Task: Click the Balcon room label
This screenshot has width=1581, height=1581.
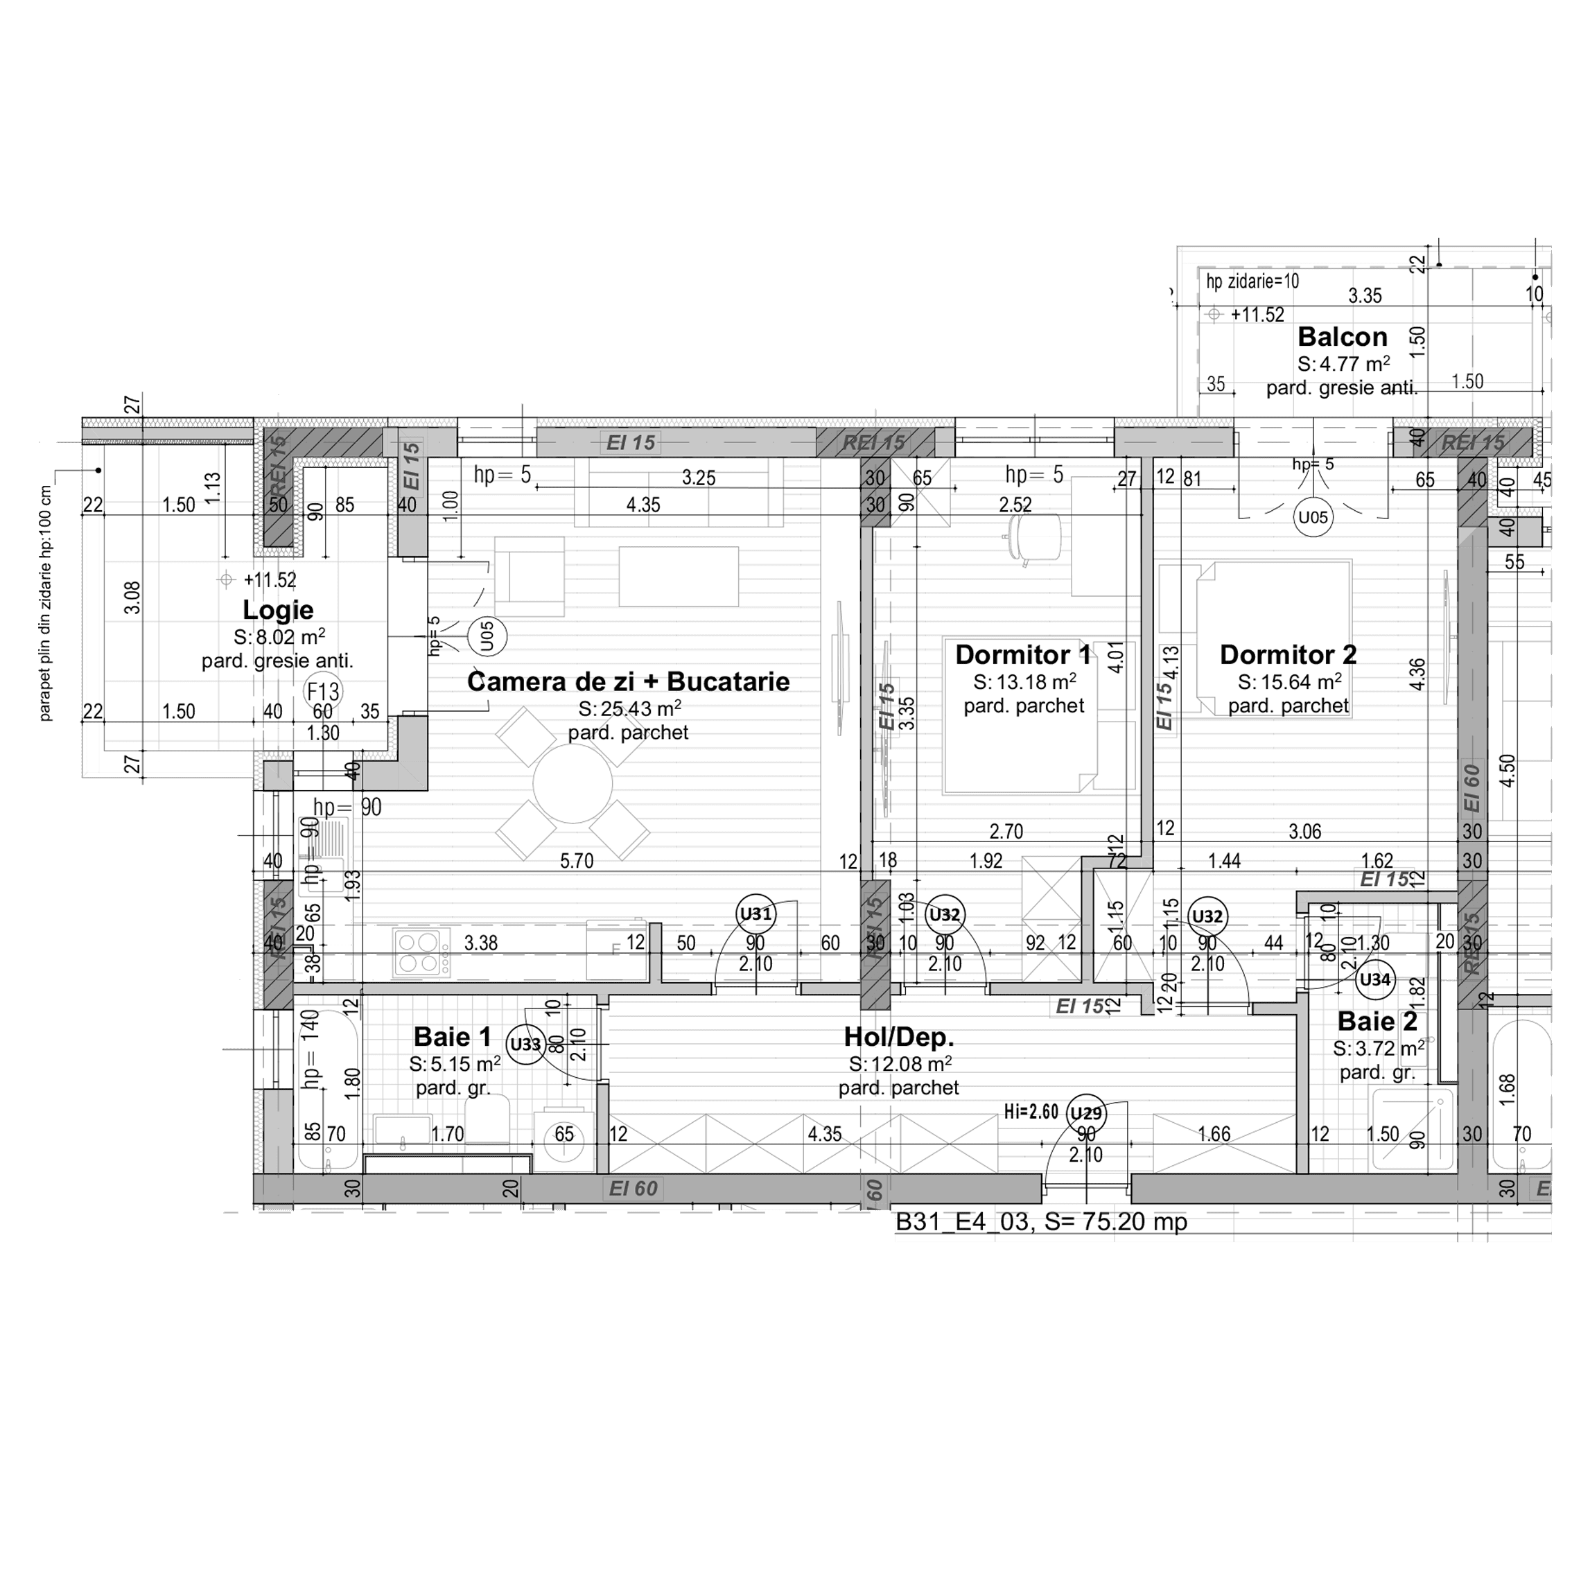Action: pyautogui.click(x=1342, y=337)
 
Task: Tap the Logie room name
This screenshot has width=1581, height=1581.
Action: pyautogui.click(x=277, y=610)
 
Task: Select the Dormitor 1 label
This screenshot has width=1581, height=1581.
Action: pyautogui.click(x=1023, y=655)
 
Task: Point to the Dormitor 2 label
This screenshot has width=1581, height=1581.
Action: pyautogui.click(x=1288, y=655)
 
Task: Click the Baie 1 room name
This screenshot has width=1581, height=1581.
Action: pyautogui.click(x=452, y=1037)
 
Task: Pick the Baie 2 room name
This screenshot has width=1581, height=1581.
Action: pyautogui.click(x=1377, y=1021)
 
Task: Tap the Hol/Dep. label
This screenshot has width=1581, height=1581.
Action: pyautogui.click(x=898, y=1038)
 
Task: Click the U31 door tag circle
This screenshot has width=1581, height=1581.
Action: pyautogui.click(x=755, y=914)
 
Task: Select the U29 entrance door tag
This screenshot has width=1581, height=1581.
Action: pyautogui.click(x=1086, y=1113)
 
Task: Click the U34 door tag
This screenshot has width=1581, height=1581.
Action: pyautogui.click(x=1374, y=979)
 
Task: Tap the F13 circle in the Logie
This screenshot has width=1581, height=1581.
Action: pyautogui.click(x=322, y=692)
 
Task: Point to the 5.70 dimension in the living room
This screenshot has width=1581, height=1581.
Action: pyautogui.click(x=576, y=860)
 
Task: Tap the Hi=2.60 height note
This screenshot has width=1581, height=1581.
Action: pyautogui.click(x=1031, y=1111)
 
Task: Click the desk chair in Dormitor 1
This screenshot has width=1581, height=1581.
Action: pyautogui.click(x=1033, y=538)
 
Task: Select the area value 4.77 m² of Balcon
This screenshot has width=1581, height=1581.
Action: pyautogui.click(x=1344, y=363)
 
